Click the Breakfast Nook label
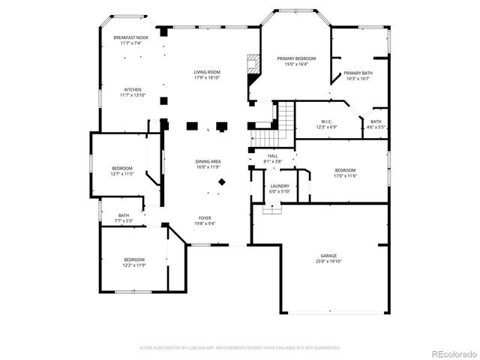(x=130, y=37)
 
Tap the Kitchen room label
(x=132, y=89)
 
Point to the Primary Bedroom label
(x=295, y=58)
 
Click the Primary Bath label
(x=357, y=73)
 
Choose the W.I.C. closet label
(x=326, y=121)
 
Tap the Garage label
(x=328, y=256)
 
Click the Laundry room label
(x=279, y=186)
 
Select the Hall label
(x=272, y=156)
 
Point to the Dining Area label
(x=208, y=162)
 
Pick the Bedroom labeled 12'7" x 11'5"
(x=122, y=168)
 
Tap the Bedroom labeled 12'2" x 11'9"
(x=133, y=259)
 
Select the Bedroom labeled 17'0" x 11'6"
(x=345, y=170)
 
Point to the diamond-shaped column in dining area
(x=221, y=182)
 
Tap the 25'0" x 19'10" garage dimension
(x=328, y=262)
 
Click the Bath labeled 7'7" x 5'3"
(x=123, y=215)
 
